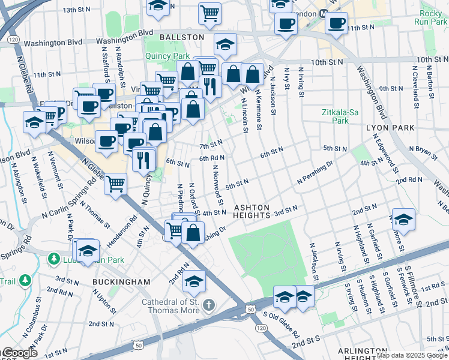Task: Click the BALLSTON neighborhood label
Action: (182, 37)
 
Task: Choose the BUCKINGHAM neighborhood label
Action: (121, 281)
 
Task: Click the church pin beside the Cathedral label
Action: (208, 305)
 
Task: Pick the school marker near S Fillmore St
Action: (403, 219)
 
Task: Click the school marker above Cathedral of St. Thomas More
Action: (194, 280)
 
